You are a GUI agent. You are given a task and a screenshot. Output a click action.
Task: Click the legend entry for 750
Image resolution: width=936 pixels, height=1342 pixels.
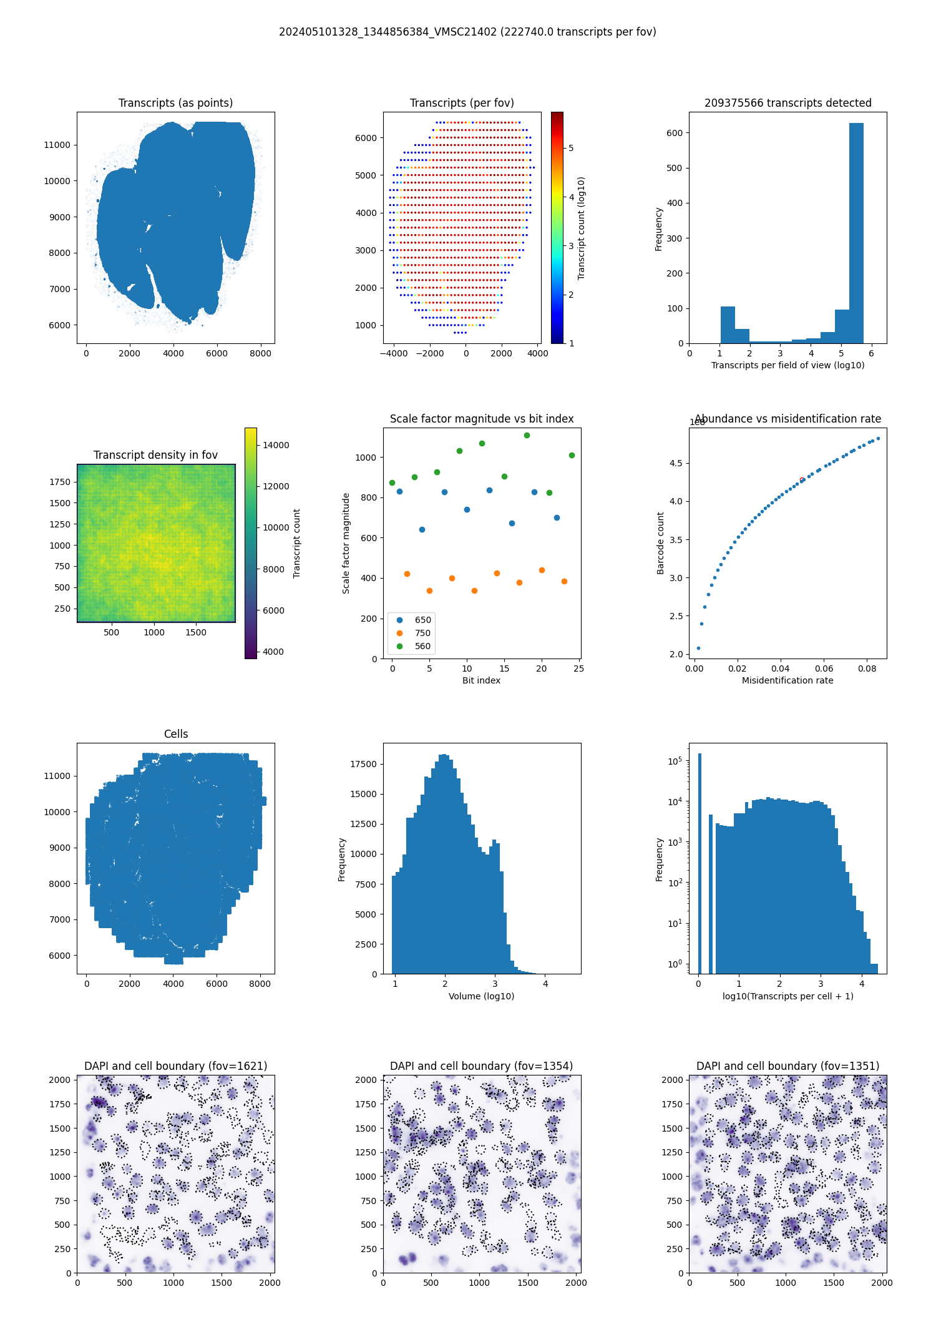tap(422, 633)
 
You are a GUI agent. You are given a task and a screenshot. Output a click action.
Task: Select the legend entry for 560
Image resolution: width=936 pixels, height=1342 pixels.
tap(422, 646)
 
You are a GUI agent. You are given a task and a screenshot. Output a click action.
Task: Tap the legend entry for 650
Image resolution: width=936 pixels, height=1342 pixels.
tap(422, 620)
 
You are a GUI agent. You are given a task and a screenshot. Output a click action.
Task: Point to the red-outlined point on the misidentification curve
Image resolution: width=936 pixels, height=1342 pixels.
tap(802, 480)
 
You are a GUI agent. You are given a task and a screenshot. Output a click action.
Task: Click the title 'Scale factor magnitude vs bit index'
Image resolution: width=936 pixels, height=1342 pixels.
tap(482, 419)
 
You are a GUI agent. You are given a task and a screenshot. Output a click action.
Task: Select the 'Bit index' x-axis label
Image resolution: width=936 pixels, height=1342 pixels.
tap(481, 680)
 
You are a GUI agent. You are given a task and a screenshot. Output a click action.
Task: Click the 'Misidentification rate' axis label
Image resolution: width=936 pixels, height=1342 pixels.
tap(787, 680)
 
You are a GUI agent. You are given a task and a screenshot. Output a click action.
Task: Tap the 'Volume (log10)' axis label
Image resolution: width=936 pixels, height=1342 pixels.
tap(481, 996)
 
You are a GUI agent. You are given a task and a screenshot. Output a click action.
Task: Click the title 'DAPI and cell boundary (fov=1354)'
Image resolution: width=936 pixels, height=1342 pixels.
tap(481, 1066)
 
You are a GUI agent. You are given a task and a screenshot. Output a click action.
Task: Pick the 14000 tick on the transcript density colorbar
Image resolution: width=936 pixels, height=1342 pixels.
tap(276, 445)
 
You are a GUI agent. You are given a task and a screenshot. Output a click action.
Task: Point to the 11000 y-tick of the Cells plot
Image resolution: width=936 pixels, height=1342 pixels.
tap(57, 776)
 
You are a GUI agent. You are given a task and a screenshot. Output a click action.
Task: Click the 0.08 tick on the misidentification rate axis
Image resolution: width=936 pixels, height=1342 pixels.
tap(867, 669)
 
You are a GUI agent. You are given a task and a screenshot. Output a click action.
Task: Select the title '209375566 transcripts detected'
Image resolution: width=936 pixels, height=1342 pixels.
tap(787, 103)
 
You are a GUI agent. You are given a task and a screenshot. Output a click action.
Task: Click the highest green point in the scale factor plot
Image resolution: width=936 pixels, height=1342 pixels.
tap(527, 435)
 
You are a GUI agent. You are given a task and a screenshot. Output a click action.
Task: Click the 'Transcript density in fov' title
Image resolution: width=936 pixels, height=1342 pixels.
tap(155, 455)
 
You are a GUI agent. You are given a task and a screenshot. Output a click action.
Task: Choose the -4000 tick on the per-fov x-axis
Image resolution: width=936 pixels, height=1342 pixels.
tap(394, 353)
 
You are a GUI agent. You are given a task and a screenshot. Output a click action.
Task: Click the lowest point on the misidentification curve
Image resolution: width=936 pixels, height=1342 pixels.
tap(698, 648)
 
